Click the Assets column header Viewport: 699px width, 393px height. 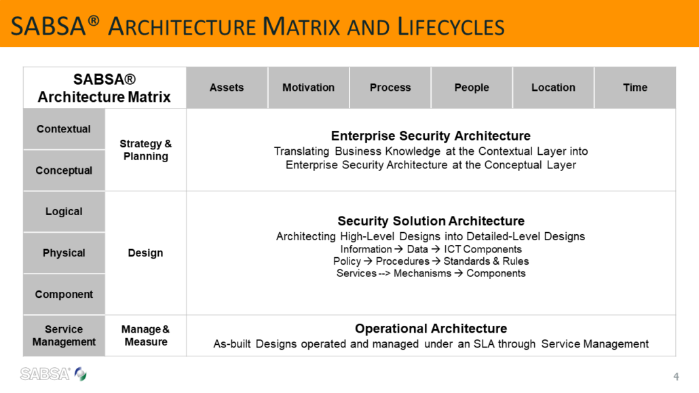(227, 88)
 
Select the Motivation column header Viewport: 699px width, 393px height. (309, 88)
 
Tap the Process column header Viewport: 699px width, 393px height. (390, 88)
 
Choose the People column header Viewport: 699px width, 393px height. (472, 88)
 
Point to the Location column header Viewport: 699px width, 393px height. (553, 88)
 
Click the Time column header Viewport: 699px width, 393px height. (635, 88)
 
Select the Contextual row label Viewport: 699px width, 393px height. (64, 129)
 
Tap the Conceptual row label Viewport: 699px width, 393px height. (64, 170)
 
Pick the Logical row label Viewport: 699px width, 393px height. (64, 212)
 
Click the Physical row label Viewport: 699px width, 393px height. (64, 253)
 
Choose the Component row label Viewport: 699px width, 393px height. (64, 295)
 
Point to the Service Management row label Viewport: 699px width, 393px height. (64, 335)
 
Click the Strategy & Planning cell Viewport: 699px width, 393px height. (146, 150)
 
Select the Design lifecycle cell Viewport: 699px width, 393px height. (146, 253)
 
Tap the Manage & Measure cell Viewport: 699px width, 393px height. (146, 335)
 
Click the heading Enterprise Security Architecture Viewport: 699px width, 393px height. (431, 136)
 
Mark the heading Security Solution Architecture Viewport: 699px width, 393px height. (431, 221)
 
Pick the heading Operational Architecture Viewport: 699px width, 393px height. (431, 329)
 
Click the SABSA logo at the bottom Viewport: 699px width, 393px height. (54, 374)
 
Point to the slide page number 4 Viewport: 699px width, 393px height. (676, 377)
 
